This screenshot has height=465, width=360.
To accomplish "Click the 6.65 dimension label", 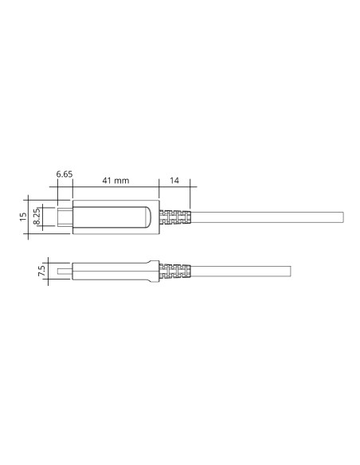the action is pyautogui.click(x=65, y=174).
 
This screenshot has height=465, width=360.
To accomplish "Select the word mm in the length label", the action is pyautogui.click(x=122, y=181).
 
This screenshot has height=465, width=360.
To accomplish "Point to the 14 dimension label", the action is pyautogui.click(x=174, y=180).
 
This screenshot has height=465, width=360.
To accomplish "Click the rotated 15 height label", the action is pyautogui.click(x=23, y=217).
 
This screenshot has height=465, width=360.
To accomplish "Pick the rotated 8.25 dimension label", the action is pyautogui.click(x=37, y=217).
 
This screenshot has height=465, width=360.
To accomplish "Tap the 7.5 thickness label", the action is pyautogui.click(x=41, y=271).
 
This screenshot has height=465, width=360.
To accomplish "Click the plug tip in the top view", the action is pyautogui.click(x=65, y=217).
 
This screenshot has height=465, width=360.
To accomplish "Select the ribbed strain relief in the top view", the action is pyautogui.click(x=175, y=217).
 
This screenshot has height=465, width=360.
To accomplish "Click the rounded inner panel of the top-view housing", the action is pyautogui.click(x=112, y=217).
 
